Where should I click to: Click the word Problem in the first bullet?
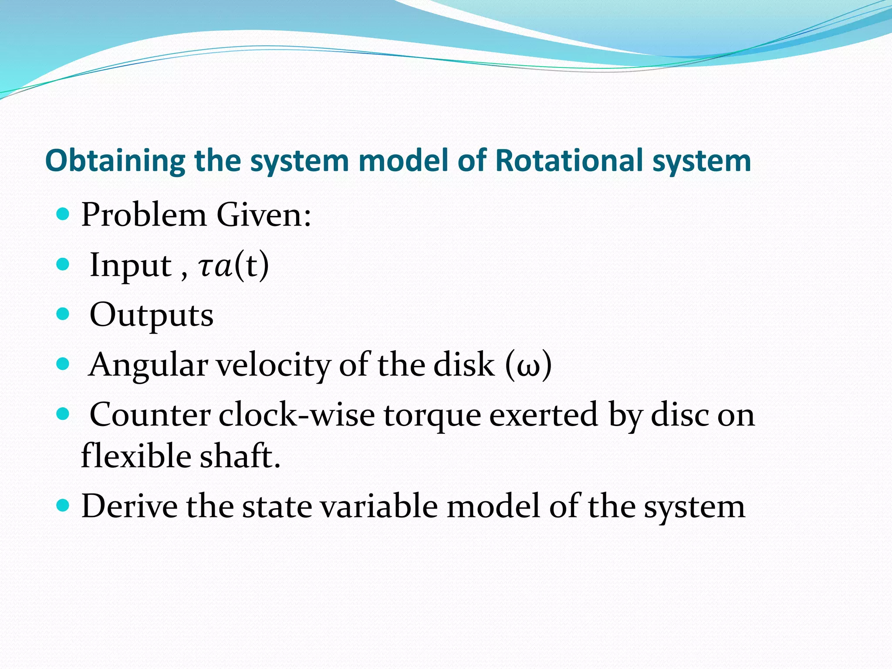tap(144, 215)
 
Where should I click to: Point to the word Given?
tap(264, 215)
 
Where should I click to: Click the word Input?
tap(130, 266)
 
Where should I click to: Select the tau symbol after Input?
tap(205, 267)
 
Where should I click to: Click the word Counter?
tap(150, 415)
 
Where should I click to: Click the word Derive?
tap(129, 506)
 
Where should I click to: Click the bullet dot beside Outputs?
tap(63, 314)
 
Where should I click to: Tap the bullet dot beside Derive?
tap(63, 505)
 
